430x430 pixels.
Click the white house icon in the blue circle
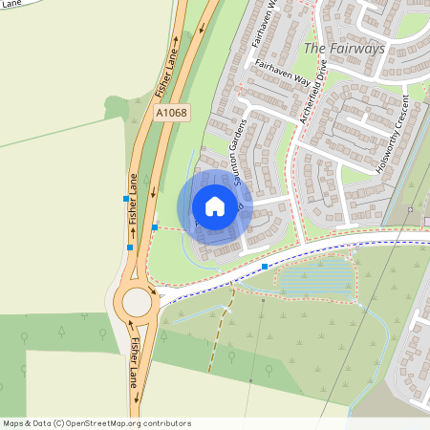tap(215, 205)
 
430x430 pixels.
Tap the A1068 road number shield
tap(172, 113)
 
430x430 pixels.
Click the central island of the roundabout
tap(137, 302)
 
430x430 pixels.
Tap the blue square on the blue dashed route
tap(265, 267)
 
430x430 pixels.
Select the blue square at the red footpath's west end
tap(155, 227)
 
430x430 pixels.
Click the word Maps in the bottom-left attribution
tap(13, 423)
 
